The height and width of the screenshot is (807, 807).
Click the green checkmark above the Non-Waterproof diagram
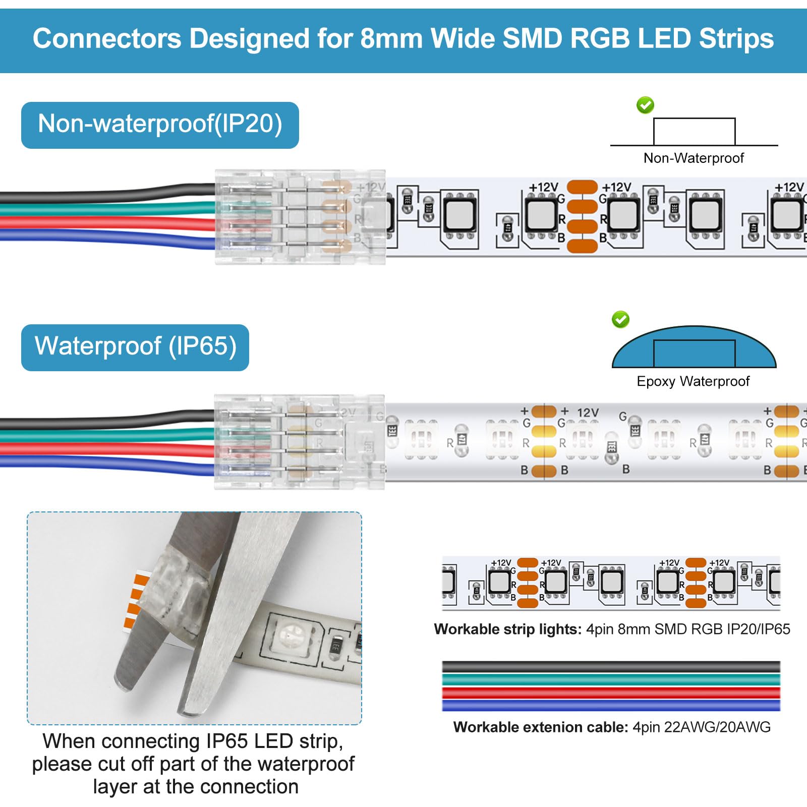point(645,105)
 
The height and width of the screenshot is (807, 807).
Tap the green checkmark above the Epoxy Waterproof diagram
point(620,319)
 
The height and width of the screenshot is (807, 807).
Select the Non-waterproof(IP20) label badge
point(160,125)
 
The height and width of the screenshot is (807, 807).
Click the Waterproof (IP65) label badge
point(135,348)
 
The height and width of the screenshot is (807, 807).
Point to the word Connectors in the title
point(106,39)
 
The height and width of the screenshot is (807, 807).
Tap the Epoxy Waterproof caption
point(693,381)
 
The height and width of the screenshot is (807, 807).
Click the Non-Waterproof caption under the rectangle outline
point(694,158)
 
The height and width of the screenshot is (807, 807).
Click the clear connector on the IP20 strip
point(300,217)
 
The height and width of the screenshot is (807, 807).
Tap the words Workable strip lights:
point(507,629)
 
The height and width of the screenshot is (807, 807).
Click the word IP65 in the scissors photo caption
point(228,741)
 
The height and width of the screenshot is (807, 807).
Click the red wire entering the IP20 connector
point(101,222)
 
